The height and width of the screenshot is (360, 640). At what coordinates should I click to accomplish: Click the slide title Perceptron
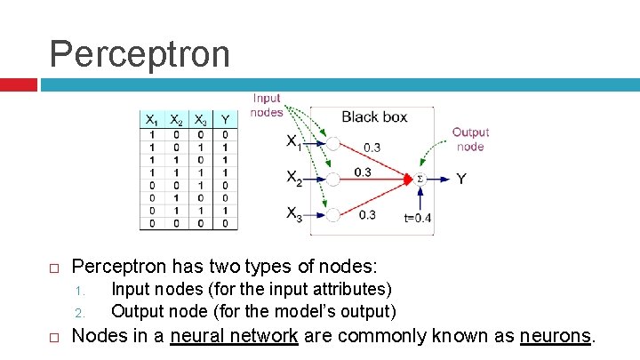140,52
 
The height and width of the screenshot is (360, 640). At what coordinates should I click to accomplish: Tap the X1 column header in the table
152,120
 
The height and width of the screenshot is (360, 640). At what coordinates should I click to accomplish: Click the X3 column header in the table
201,120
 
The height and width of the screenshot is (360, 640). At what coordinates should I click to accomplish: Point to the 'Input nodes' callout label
267,105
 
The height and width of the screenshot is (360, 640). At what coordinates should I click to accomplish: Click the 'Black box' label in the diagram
374,116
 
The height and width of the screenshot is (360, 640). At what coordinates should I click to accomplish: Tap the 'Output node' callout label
470,139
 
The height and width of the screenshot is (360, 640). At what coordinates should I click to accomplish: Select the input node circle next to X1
332,143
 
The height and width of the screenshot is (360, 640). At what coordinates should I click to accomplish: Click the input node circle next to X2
332,179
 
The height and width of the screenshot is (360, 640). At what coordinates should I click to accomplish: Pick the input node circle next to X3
332,214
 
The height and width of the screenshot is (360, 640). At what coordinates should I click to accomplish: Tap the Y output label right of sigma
461,180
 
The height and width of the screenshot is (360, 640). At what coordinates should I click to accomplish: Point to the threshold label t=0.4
417,218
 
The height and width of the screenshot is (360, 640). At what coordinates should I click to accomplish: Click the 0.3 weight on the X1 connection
373,148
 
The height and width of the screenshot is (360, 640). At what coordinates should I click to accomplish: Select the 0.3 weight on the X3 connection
368,214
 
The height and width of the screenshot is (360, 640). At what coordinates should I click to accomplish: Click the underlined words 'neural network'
234,336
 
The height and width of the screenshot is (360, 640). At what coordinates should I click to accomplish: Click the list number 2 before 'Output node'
78,313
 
